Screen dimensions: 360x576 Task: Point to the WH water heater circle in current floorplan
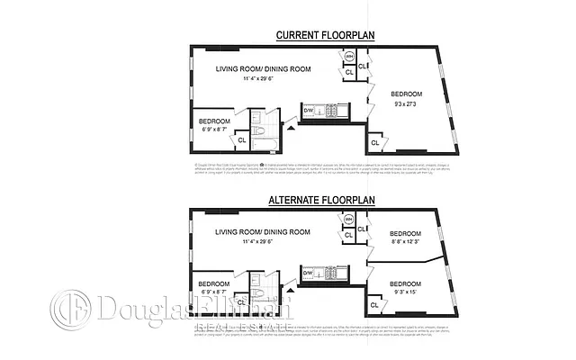[349, 58]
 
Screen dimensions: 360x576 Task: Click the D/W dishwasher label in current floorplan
[307, 110]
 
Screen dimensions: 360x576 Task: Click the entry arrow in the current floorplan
[290, 128]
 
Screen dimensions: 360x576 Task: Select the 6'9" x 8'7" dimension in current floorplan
[214, 130]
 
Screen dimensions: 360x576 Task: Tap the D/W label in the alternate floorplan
[307, 272]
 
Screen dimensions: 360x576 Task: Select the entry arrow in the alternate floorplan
[290, 290]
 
